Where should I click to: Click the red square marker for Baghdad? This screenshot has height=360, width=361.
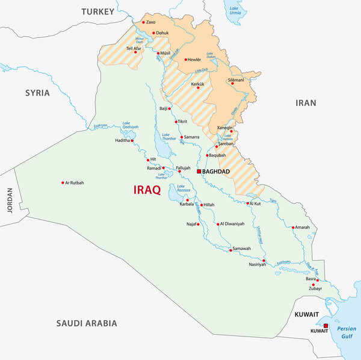point(199,172)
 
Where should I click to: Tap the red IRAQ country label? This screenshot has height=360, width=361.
point(147,190)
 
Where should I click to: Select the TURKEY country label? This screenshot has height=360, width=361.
point(97,11)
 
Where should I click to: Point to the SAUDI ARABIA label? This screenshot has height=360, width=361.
point(87,323)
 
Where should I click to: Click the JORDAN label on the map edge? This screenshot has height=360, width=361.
point(8,200)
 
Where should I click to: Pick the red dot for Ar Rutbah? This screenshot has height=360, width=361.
point(62,183)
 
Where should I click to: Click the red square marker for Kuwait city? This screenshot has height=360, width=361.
point(326,326)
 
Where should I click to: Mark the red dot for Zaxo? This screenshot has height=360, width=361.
point(143,23)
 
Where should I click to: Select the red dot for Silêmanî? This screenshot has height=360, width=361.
point(232,83)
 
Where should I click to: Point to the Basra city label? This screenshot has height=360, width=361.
point(310,279)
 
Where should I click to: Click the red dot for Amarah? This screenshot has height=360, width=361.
point(293,228)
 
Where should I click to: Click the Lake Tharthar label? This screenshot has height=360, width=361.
point(169,137)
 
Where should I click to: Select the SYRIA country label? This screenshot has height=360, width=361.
point(37,93)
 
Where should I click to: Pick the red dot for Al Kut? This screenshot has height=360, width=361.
point(248,203)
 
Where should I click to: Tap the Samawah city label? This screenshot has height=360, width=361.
point(241,249)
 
